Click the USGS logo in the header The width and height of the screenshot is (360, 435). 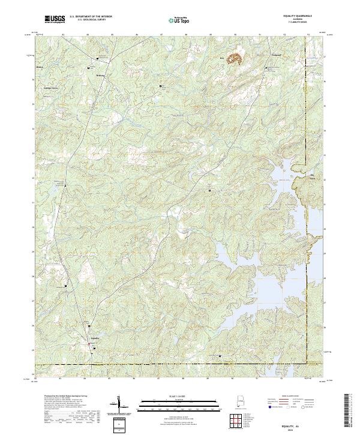(56, 19)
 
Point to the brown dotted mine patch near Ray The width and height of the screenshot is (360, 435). (233, 59)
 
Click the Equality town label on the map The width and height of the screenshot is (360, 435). (94, 339)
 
